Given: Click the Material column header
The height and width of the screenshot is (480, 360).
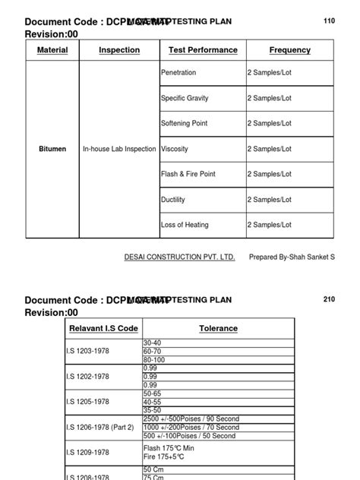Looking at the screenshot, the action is click(x=52, y=50).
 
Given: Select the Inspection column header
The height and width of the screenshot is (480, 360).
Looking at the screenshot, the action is click(x=119, y=50).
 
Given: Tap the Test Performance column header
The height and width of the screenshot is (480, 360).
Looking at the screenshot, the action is click(x=203, y=50).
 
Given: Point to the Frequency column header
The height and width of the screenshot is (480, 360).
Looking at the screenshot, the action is click(x=289, y=50).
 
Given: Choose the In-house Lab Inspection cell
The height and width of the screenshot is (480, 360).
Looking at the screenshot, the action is click(x=119, y=149).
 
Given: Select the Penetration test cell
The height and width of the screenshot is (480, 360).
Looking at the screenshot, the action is click(x=178, y=73).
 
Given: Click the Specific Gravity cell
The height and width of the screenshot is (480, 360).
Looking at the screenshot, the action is click(x=185, y=98).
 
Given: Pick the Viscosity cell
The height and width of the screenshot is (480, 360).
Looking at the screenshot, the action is click(x=174, y=149).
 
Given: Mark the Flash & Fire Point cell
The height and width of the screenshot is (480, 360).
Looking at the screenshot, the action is click(x=188, y=174).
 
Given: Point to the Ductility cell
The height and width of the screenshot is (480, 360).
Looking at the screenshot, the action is click(x=173, y=200).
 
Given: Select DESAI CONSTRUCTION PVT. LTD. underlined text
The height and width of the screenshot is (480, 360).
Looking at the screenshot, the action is click(x=179, y=257).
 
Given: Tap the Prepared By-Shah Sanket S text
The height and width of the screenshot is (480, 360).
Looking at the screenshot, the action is click(x=292, y=257).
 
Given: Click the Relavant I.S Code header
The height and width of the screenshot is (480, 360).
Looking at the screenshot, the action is click(x=104, y=328).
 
